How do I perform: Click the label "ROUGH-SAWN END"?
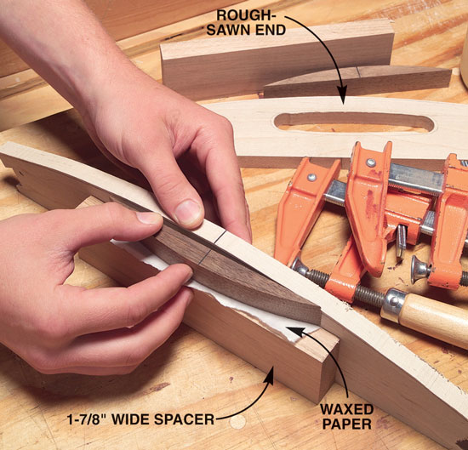[246, 23]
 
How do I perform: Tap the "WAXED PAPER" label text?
[347, 416]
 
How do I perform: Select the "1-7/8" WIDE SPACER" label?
[140, 419]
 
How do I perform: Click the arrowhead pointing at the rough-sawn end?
[342, 95]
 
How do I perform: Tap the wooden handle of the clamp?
[433, 319]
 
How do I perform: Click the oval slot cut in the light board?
[354, 122]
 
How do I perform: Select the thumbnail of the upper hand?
[189, 213]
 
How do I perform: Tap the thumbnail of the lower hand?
[149, 218]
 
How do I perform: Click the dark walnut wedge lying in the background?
[357, 81]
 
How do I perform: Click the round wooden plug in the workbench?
[238, 421]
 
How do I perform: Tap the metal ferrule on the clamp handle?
[393, 305]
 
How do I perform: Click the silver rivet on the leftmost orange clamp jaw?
[311, 177]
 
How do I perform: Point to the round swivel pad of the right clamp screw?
[420, 269]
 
